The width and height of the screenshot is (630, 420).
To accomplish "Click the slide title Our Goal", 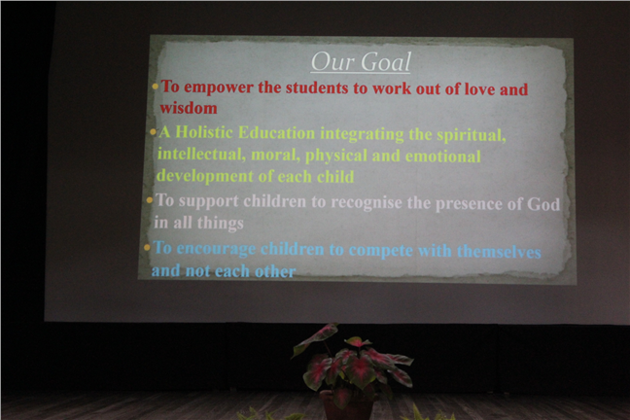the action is (x=361, y=62).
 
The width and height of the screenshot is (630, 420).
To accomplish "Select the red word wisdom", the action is (x=189, y=108).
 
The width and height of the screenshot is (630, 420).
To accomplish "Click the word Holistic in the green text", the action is (x=204, y=132).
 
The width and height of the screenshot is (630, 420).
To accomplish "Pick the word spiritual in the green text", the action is (x=472, y=136).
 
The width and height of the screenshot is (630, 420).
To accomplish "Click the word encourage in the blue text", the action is (x=216, y=249).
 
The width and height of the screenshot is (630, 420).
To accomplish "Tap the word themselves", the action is (x=499, y=252).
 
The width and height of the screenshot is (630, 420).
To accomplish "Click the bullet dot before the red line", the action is (x=156, y=87).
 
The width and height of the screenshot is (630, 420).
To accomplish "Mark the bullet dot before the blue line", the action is (x=147, y=248).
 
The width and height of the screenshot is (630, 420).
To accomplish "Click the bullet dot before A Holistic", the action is (x=153, y=132).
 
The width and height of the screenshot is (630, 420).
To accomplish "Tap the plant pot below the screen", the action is (x=346, y=404).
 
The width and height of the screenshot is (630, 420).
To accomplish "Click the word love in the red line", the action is (x=479, y=89).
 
